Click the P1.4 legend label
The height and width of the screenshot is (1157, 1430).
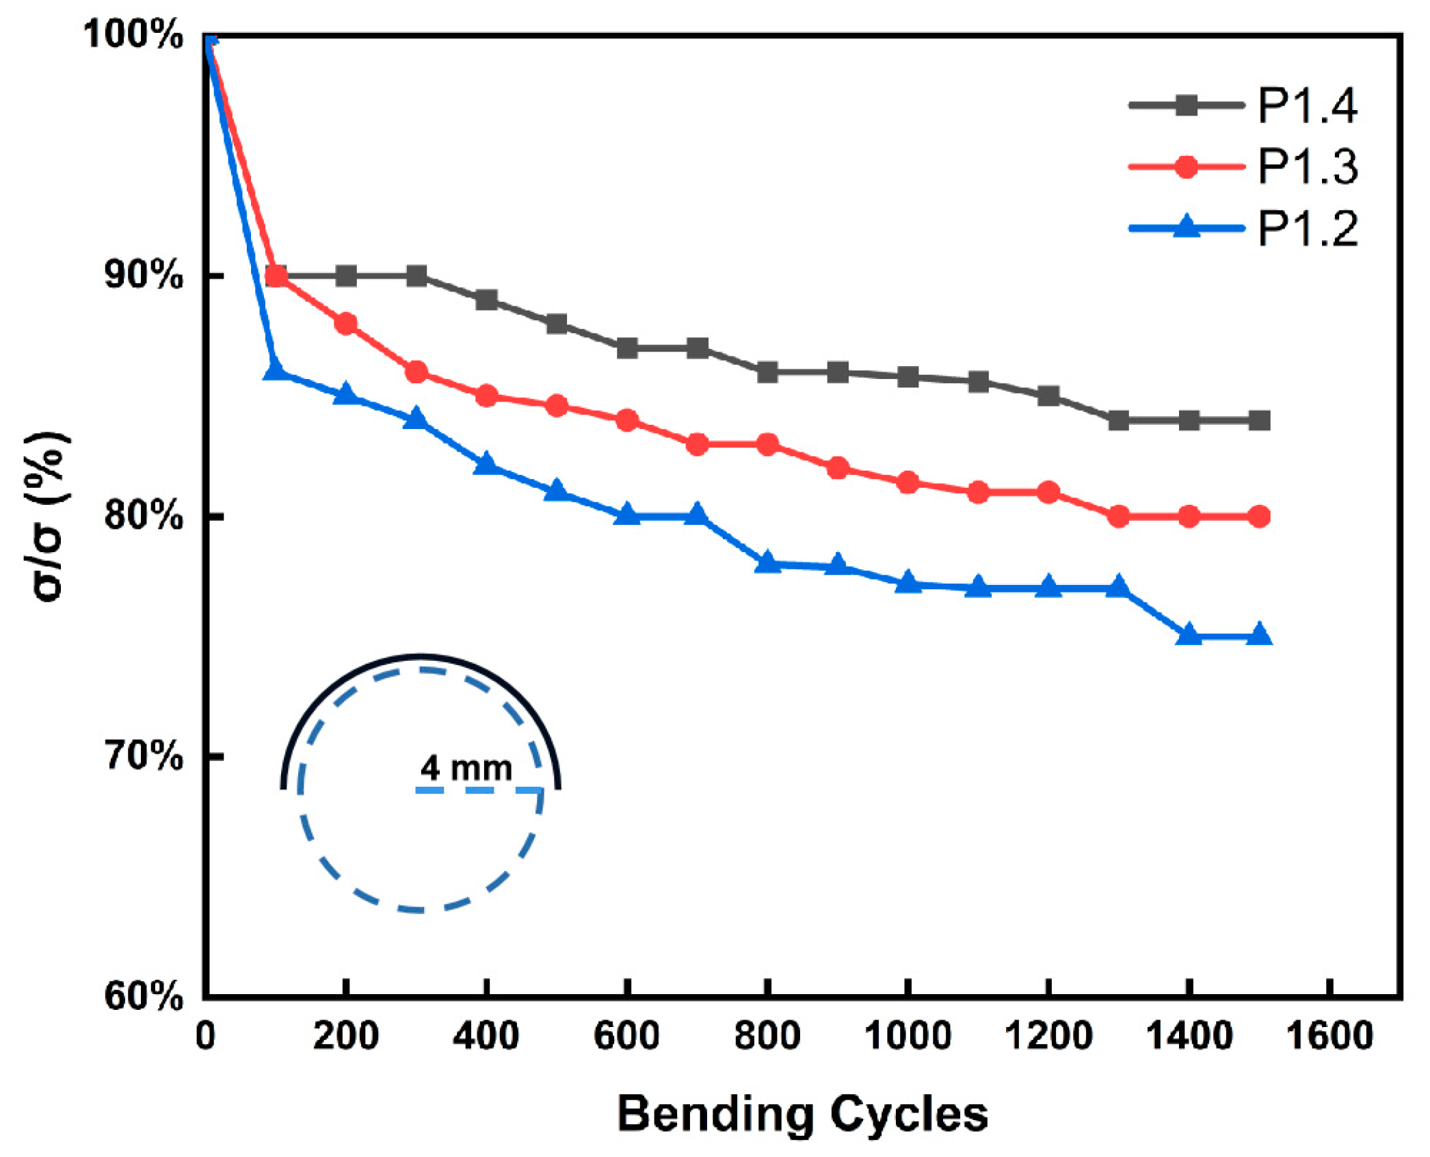point(1307,106)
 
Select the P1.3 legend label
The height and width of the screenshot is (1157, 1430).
point(1307,167)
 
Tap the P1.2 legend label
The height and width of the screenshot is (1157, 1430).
point(1307,228)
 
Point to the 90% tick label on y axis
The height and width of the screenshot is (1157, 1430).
point(143,275)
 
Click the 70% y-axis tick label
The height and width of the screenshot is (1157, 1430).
point(143,756)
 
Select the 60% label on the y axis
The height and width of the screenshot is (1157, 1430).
point(143,996)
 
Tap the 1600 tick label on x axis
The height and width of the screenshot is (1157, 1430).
point(1329,1035)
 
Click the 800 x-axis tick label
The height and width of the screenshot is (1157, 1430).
point(767,1035)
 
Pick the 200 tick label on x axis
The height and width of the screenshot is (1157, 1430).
point(345,1035)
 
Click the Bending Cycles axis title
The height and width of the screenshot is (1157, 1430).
point(802,1114)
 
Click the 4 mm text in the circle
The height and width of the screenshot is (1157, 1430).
point(466,768)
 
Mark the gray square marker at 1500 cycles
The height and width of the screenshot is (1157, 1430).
point(1259,420)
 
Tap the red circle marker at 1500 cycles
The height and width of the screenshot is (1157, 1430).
point(1259,517)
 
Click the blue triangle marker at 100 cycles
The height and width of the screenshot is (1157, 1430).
point(275,370)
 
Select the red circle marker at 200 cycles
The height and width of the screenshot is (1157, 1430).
point(346,324)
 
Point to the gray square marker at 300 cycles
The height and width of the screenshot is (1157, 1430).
point(416,276)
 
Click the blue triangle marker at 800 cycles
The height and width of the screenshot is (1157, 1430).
point(767,562)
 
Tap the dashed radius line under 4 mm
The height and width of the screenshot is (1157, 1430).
point(479,791)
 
